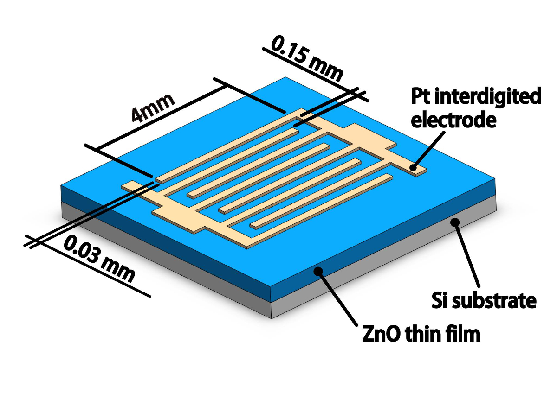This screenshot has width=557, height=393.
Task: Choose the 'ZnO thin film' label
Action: [x=421, y=334]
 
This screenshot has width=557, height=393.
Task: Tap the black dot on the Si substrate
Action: [x=456, y=222]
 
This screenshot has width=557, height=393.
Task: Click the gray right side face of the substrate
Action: [x=385, y=260]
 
